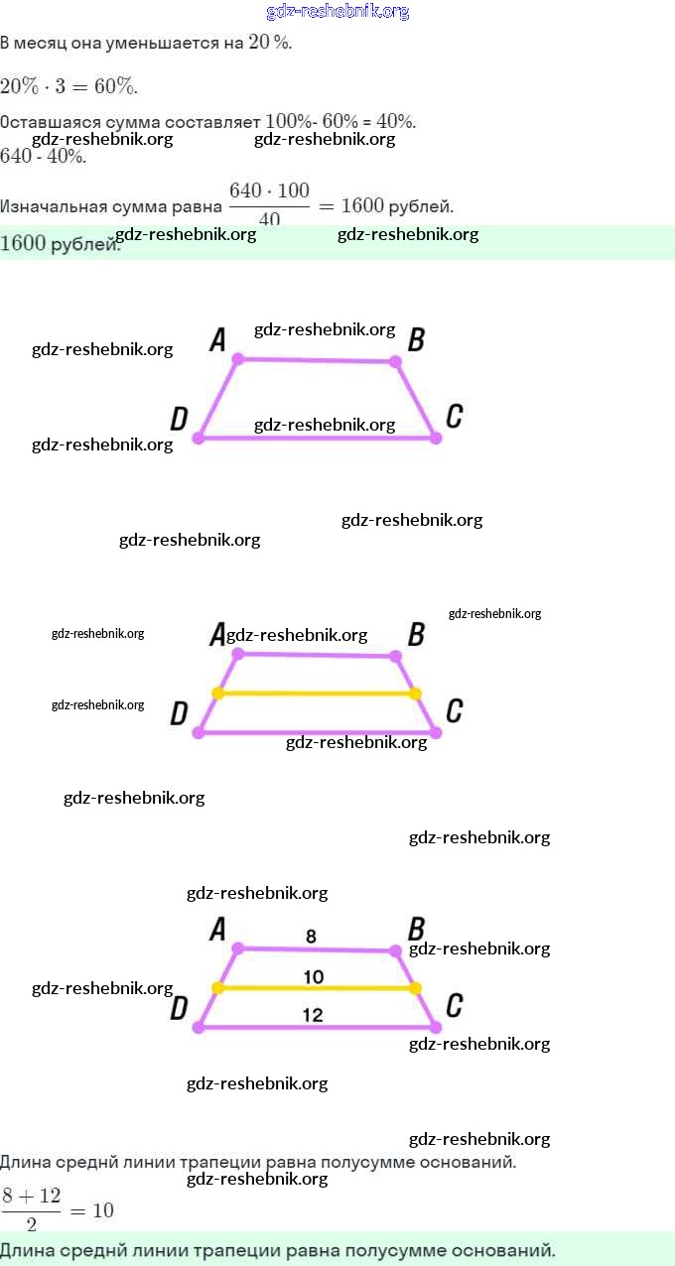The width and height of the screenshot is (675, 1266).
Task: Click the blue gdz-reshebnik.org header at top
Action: [x=337, y=12]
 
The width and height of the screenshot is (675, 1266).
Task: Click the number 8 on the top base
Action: [x=311, y=936]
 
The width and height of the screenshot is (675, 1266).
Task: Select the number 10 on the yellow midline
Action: [x=314, y=977]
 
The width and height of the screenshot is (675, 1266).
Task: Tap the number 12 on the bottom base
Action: [x=313, y=1015]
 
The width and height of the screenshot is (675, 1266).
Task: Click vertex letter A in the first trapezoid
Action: [x=218, y=340]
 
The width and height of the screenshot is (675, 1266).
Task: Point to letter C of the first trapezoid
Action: [x=454, y=416]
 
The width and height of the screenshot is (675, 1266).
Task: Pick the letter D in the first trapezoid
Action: [x=179, y=419]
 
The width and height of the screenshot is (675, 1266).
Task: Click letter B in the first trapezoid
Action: [x=417, y=340]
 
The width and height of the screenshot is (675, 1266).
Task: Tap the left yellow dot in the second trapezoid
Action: [x=218, y=694]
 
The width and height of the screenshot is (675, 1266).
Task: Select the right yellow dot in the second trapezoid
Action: [x=415, y=694]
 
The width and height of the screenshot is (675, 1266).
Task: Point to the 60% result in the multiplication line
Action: [x=115, y=86]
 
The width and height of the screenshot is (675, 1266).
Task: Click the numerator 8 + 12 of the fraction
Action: [x=31, y=1196]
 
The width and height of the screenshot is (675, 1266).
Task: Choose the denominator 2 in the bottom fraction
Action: [x=31, y=1224]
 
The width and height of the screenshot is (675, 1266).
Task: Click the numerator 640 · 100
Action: [x=269, y=190]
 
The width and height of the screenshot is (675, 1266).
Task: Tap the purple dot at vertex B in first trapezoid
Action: [x=395, y=362]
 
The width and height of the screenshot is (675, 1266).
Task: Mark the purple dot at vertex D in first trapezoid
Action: [x=199, y=437]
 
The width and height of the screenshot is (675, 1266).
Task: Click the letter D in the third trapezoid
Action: [x=179, y=1009]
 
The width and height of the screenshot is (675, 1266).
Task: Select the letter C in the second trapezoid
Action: [x=454, y=710]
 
